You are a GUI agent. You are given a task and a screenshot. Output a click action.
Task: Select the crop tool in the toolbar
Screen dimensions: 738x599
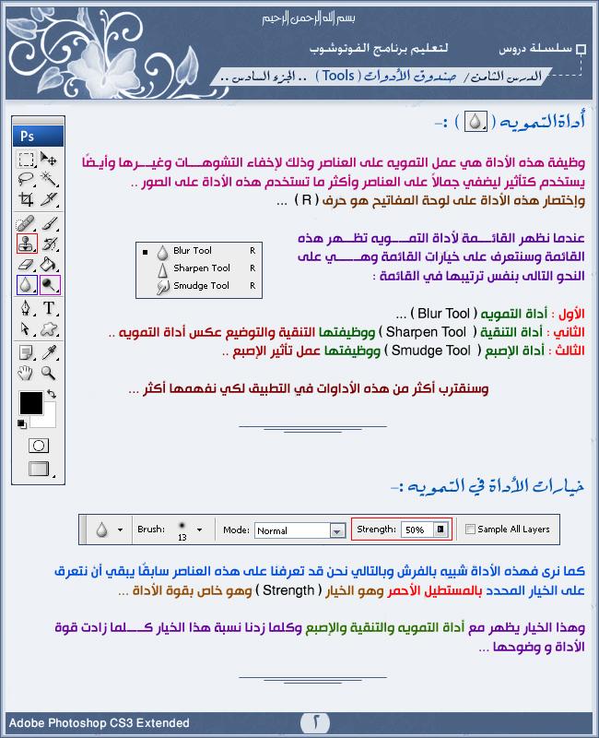tap(28, 199)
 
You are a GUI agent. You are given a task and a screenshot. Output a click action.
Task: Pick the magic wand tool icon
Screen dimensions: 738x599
tap(50, 179)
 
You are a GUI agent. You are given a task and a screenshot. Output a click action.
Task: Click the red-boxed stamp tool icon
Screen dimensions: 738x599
tap(27, 244)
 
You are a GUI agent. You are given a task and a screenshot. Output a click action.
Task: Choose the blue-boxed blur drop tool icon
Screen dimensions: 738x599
tap(27, 285)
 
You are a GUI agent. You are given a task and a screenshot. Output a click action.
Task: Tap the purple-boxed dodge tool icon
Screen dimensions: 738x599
tap(50, 285)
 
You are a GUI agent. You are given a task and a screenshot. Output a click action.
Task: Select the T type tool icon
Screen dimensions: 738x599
tap(50, 308)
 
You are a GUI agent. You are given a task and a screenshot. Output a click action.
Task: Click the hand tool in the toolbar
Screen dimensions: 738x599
tap(28, 372)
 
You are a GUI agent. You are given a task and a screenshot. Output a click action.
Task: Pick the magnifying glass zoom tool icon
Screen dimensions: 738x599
tap(50, 372)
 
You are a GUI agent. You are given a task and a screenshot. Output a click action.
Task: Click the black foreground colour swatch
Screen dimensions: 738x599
tap(31, 403)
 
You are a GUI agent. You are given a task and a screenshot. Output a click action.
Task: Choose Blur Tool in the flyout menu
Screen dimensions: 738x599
tap(192, 250)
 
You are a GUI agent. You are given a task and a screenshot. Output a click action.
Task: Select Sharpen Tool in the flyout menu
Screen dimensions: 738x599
tap(201, 268)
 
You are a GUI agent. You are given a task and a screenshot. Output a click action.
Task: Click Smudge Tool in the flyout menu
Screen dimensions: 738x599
tap(201, 286)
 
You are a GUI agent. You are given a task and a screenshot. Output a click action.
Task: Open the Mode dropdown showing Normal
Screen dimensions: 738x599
tap(298, 530)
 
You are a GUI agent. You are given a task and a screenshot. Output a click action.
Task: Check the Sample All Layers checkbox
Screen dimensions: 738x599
tap(471, 530)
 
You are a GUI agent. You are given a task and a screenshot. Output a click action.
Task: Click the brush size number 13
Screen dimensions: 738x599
tap(182, 536)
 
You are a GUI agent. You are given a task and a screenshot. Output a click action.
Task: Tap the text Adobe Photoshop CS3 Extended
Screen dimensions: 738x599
tap(99, 723)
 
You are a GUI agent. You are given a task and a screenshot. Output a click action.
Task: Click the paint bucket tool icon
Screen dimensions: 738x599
tap(50, 265)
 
